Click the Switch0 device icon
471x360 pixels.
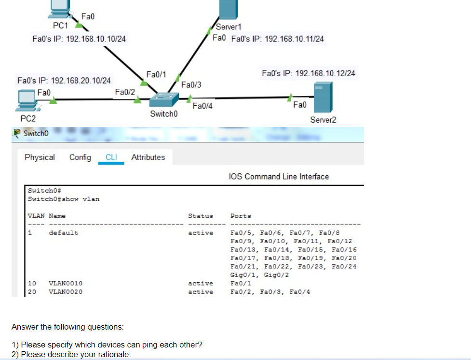(164, 99)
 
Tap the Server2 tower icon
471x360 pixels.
(323, 97)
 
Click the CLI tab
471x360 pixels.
(111, 157)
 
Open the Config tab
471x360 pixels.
(80, 157)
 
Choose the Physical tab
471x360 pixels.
(40, 157)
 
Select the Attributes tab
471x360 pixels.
(148, 157)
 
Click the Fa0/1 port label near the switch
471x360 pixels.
(156, 74)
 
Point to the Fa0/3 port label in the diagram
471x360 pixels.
(191, 85)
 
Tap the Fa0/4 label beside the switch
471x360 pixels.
(202, 106)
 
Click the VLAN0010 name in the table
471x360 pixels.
(66, 283)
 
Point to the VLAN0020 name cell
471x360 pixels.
(66, 292)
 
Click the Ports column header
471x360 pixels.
(241, 216)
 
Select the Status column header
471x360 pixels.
(201, 216)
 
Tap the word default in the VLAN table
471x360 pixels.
(63, 233)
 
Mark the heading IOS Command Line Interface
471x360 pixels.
(279, 177)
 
